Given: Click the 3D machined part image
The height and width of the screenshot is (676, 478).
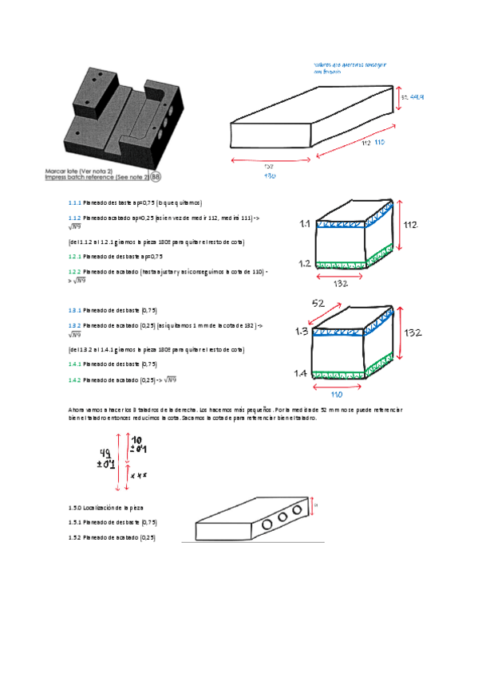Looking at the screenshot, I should (120, 112).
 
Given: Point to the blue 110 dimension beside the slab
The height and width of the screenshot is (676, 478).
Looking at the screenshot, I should (379, 142).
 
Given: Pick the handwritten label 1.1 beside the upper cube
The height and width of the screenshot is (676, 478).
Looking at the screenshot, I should (305, 226).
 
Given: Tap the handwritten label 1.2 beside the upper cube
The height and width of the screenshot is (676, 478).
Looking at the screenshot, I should (305, 262).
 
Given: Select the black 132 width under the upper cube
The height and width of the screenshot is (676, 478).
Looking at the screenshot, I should (340, 283).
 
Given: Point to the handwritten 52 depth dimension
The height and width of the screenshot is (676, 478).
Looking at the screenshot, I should (318, 303).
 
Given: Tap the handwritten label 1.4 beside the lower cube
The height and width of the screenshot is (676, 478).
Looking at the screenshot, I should (300, 372).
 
